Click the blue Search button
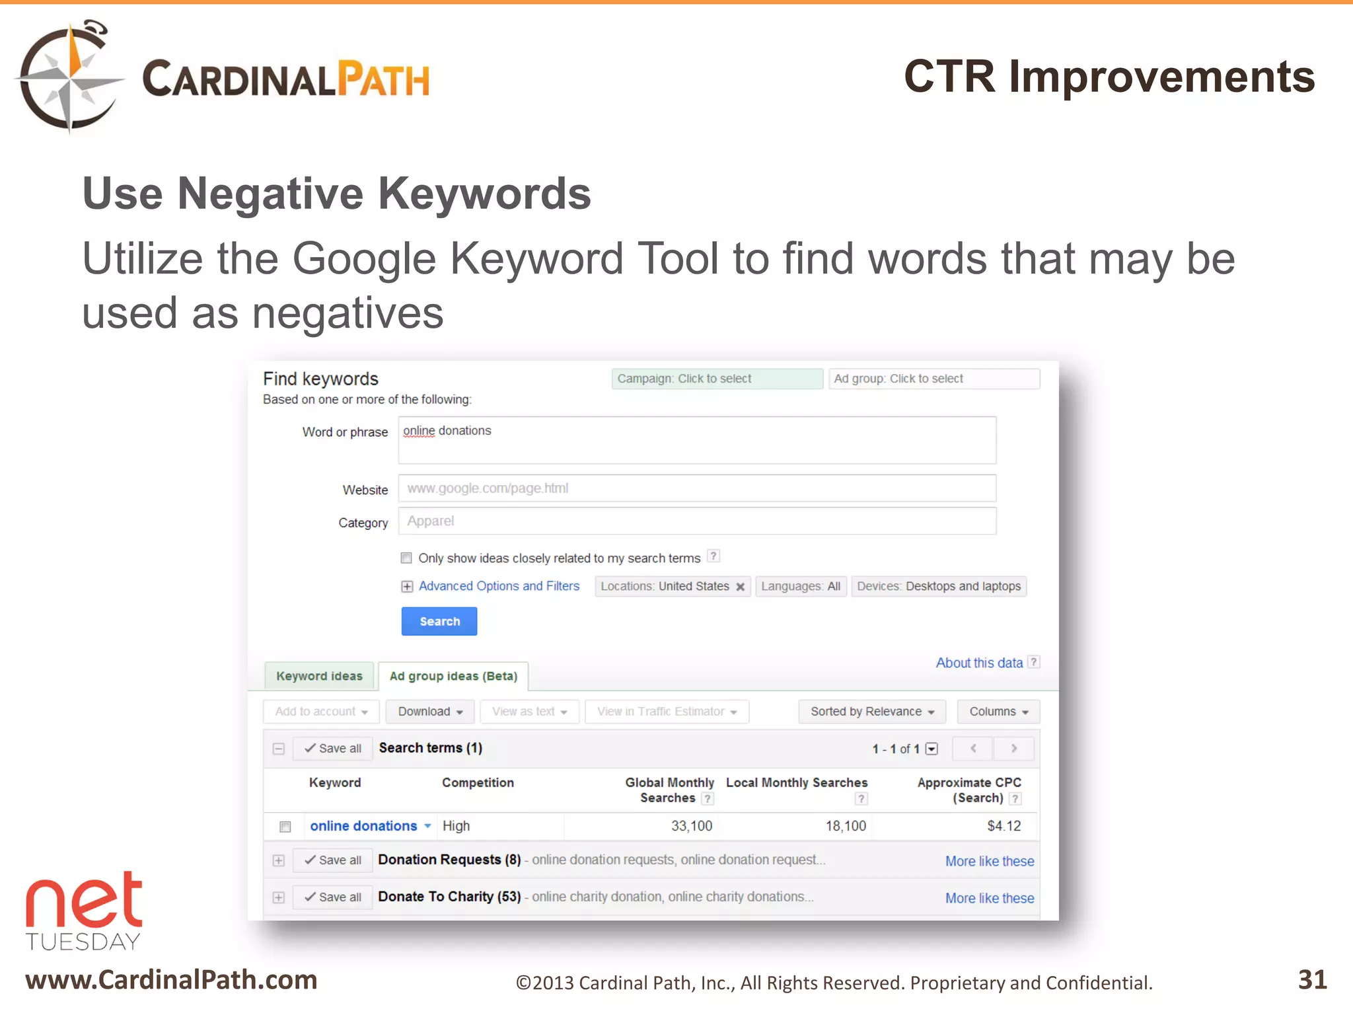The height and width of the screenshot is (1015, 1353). coord(439,621)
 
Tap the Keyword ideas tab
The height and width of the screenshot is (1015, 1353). coord(319,676)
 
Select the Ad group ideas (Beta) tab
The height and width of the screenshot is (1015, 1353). coord(453,676)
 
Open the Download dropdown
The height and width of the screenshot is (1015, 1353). coord(430,712)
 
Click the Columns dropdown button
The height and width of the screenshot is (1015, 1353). coord(998,712)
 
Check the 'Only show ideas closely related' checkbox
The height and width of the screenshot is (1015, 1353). coord(406,558)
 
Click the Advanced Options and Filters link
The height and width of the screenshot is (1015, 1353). coord(499,586)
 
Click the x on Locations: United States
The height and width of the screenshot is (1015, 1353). coord(741,587)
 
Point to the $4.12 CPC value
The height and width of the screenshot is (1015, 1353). coord(1004,826)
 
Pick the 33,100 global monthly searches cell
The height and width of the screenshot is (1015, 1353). coord(692,826)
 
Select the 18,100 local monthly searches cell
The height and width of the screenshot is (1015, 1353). coord(846,826)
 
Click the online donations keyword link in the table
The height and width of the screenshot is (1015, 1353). coord(363,826)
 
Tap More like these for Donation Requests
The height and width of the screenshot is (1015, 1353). coord(989,861)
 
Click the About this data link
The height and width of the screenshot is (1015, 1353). coord(979,663)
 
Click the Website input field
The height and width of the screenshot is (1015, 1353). coord(697,488)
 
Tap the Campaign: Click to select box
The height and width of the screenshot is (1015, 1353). coord(717,379)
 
